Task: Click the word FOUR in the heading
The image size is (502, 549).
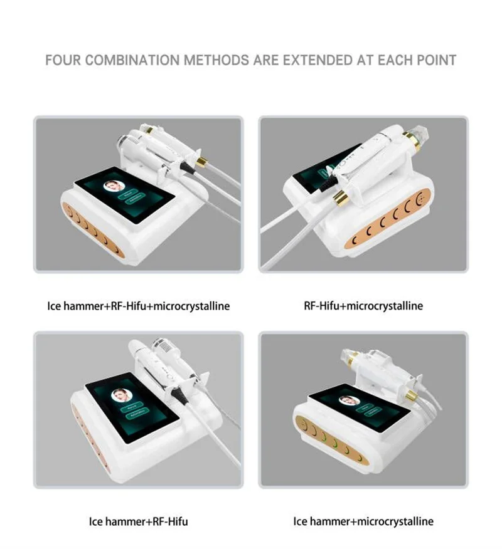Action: coord(63,61)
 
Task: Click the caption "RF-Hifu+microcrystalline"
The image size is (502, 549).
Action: coord(363,306)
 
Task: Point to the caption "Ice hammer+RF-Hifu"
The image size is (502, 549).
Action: coord(138,521)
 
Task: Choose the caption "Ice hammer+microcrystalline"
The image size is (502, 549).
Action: coord(363,521)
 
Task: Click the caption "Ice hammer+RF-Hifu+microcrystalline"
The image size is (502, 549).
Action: coord(138,306)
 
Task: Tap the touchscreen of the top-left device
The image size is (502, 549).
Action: coord(117,194)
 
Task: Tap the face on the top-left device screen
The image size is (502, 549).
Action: coord(114,186)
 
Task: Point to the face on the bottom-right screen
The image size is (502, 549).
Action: coord(346,400)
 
